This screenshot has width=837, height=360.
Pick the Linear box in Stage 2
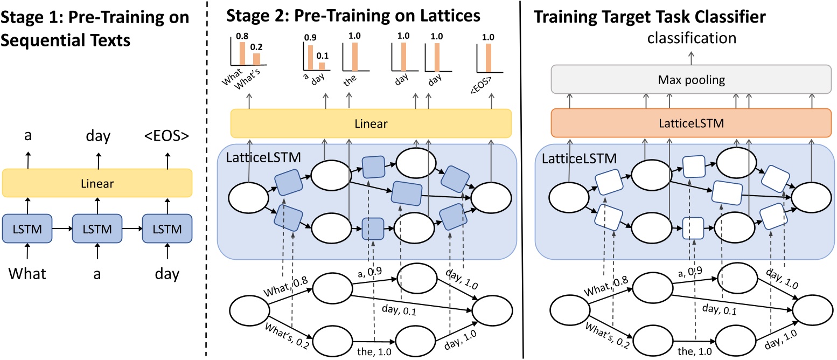pyautogui.click(x=371, y=123)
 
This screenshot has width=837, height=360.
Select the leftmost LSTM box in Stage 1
pyautogui.click(x=27, y=229)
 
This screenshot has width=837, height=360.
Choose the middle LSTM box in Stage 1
pyautogui.click(x=97, y=229)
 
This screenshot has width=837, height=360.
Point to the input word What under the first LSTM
pyautogui.click(x=27, y=274)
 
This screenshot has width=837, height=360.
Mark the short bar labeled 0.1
pyautogui.click(x=322, y=66)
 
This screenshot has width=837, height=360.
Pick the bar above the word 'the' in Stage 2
pyautogui.click(x=354, y=57)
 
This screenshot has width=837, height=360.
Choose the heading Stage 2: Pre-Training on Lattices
pyautogui.click(x=353, y=16)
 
